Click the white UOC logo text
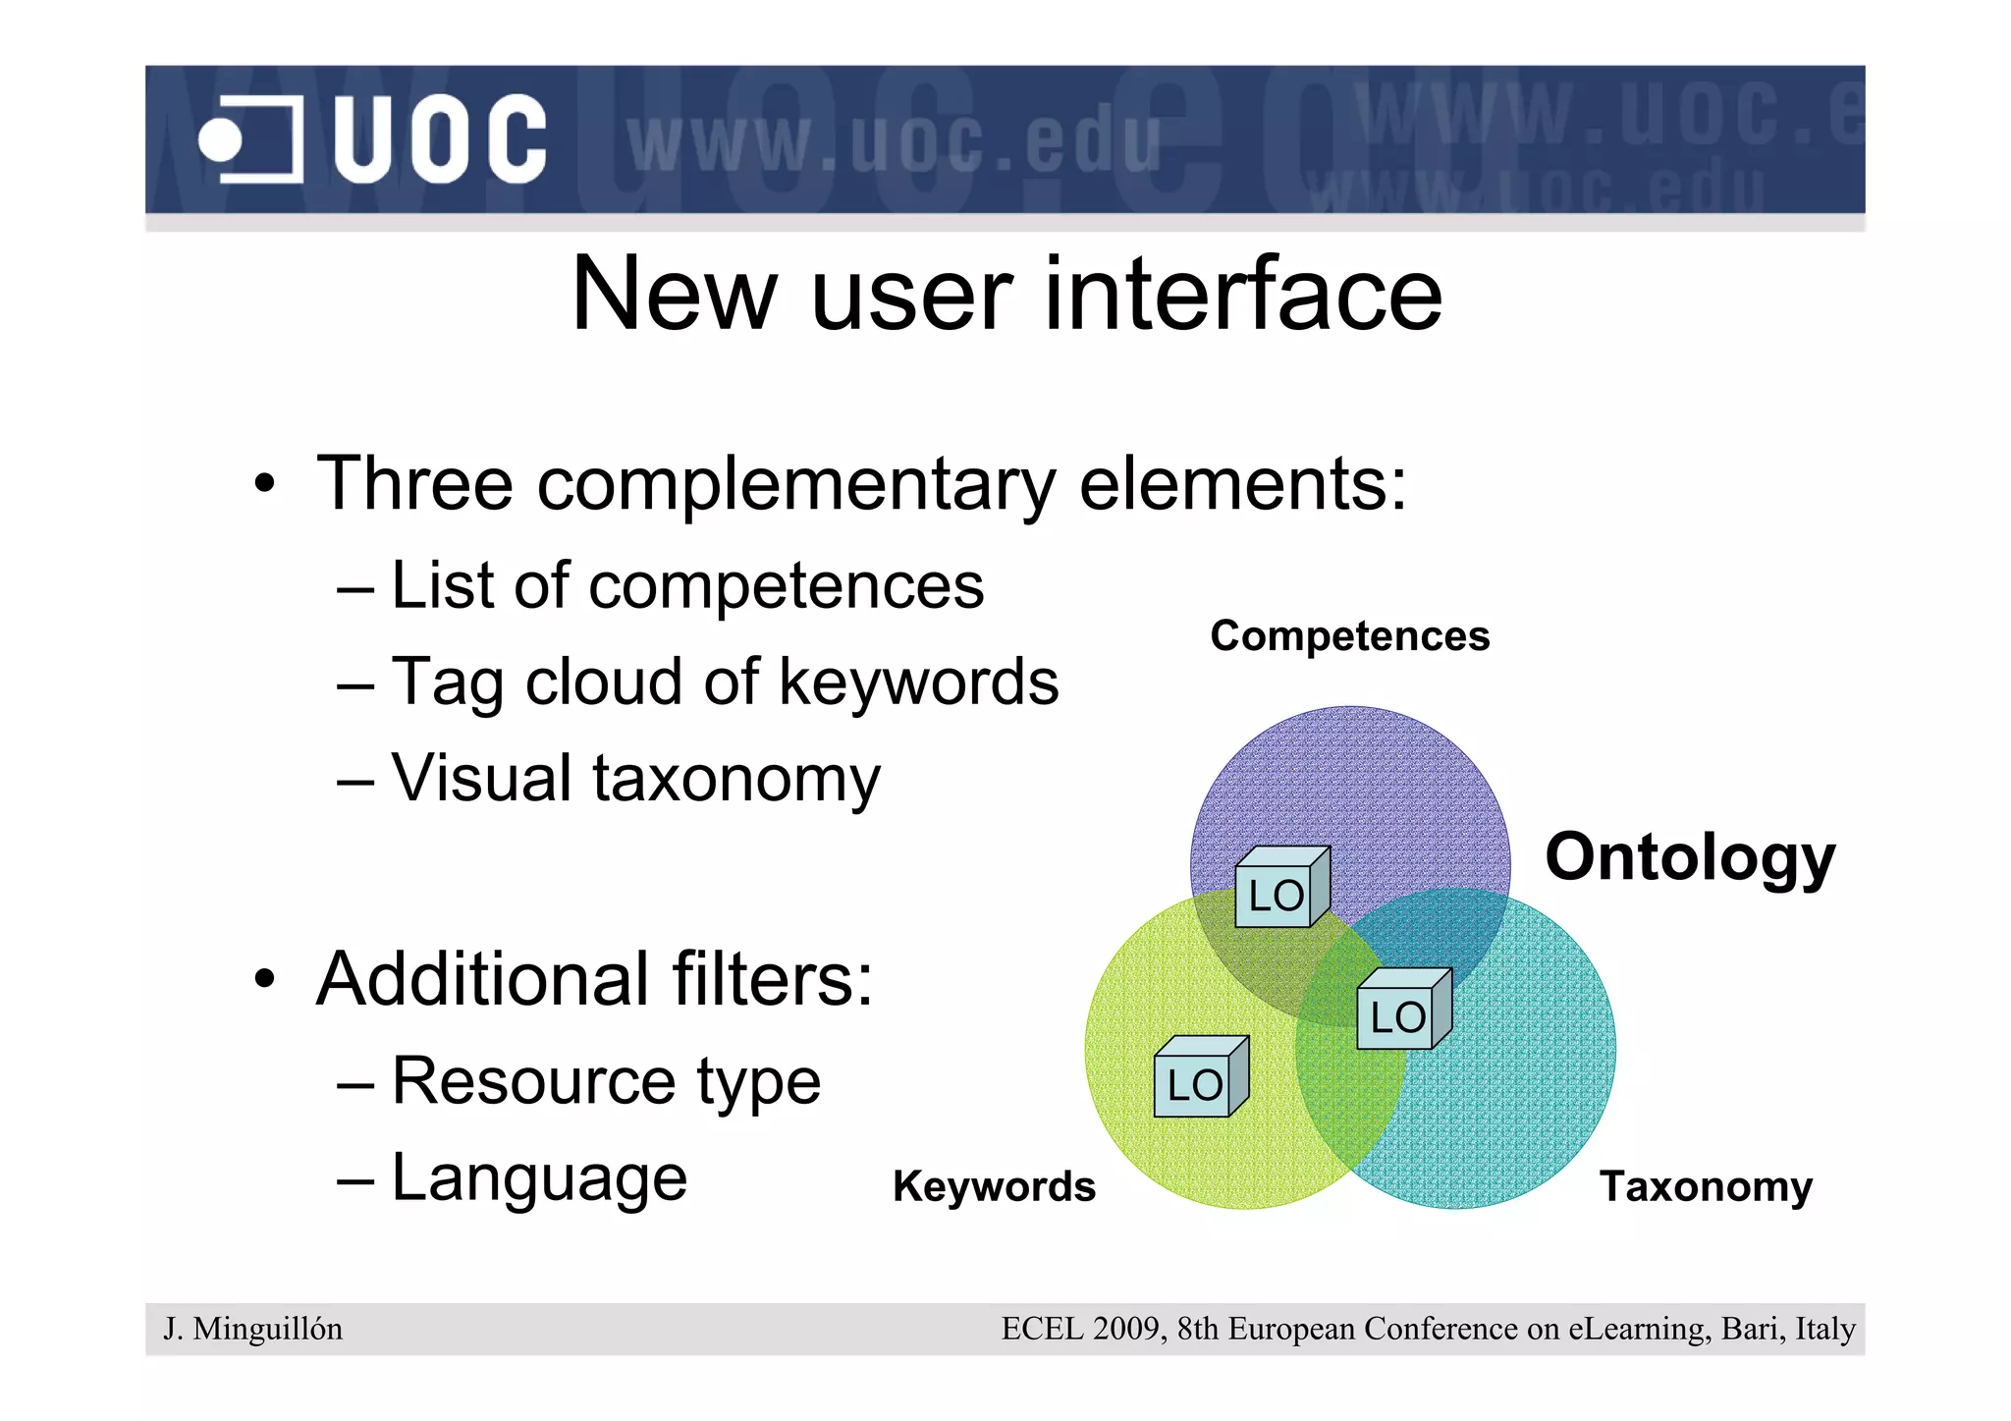439,139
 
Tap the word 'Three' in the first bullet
414,484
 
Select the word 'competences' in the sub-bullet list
786,586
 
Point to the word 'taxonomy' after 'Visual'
736,779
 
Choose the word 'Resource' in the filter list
533,1081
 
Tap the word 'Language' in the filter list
539,1177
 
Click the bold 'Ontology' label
1689,857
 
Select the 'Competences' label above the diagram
1349,636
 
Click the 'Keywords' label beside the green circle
994,1186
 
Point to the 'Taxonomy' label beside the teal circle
1706,1186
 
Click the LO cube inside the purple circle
1279,890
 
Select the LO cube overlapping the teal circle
1401,1011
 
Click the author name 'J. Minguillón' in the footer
253,1329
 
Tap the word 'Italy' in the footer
1824,1329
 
